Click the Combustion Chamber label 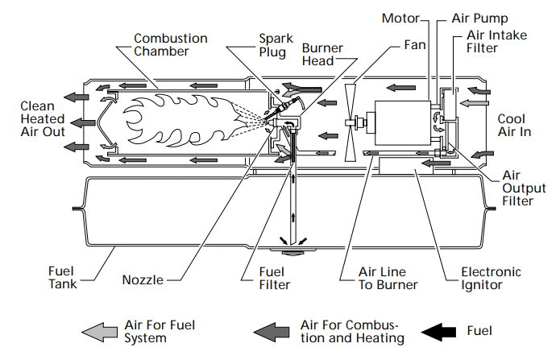point(170,44)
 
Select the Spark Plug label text point(270,44)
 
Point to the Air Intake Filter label point(494,41)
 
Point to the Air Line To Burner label point(388,279)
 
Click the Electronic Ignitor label point(491,279)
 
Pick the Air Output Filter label point(517,188)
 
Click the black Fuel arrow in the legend point(442,331)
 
